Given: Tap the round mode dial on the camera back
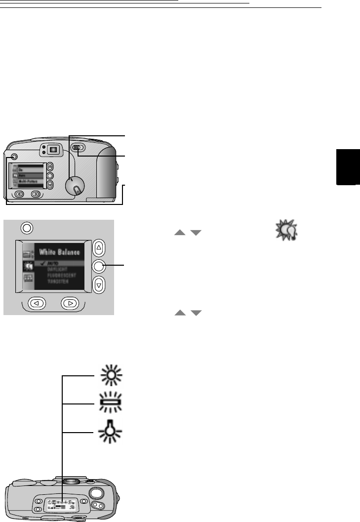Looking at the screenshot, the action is pos(75,186).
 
